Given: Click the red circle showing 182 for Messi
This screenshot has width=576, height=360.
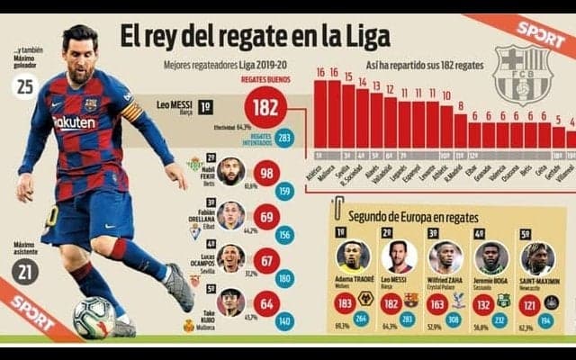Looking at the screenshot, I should (265, 107).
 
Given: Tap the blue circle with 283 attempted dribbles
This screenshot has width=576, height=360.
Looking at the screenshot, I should (284, 138).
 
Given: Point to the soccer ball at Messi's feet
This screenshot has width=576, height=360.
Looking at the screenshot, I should (94, 317).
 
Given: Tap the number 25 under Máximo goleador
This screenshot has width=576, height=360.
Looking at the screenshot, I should (26, 86).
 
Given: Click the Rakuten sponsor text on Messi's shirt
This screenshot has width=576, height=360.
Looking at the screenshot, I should (75, 122).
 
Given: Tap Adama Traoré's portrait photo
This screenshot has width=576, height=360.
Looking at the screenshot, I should (353, 256).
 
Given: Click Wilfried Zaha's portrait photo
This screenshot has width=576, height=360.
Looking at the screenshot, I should (444, 256).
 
